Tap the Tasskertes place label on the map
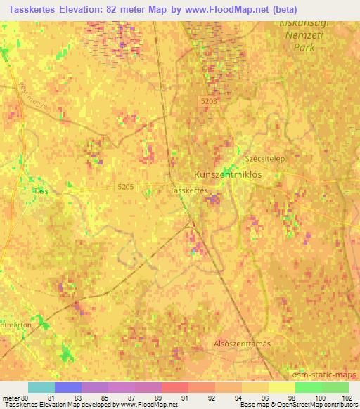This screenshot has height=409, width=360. (x=190, y=190)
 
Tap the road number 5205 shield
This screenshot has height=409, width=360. (x=125, y=186)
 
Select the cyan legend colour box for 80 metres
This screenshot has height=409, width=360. (x=41, y=387)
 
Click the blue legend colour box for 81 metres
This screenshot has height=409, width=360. (x=68, y=387)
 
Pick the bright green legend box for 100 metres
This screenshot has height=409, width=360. (x=308, y=387)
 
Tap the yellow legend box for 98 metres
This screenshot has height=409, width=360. (x=281, y=387)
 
